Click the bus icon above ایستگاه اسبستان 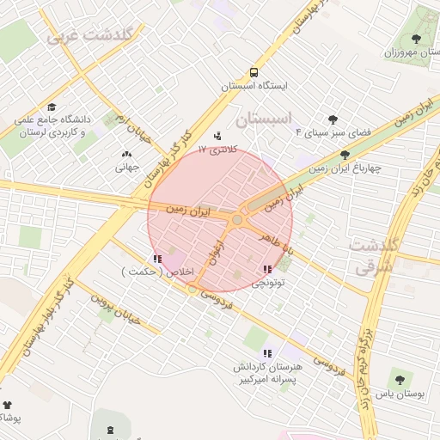tap(254, 72)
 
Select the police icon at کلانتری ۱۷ tap(217, 135)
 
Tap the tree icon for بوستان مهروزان tap(417, 39)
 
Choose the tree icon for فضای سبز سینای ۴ tap(333, 120)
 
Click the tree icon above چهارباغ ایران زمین tap(345, 156)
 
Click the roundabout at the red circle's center tap(237, 220)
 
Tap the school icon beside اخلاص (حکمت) tap(156, 259)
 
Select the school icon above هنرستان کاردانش tap(268, 352)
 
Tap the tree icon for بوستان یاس tap(399, 379)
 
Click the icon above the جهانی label tap(127, 155)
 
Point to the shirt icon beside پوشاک tap(8, 404)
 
